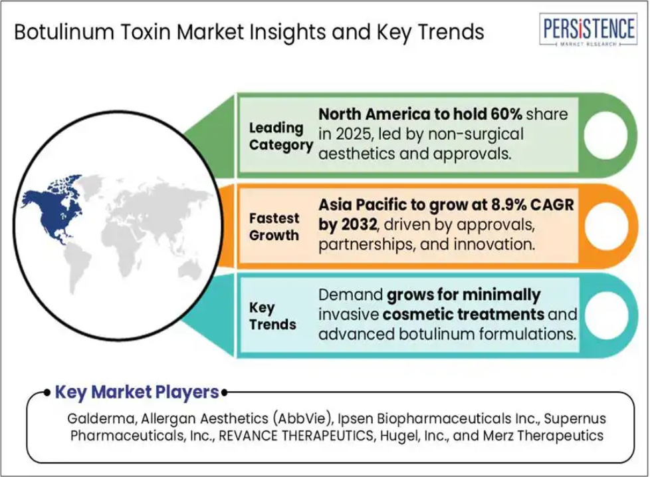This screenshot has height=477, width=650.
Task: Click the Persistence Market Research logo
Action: pyautogui.click(x=588, y=29)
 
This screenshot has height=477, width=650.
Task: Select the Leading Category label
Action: pyautogui.click(x=280, y=136)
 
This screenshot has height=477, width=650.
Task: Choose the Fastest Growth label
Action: pyautogui.click(x=274, y=226)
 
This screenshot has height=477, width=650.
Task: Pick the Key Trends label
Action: pyautogui.click(x=272, y=315)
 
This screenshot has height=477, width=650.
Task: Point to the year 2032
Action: pyautogui.click(x=359, y=224)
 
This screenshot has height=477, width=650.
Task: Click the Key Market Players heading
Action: pyautogui.click(x=137, y=392)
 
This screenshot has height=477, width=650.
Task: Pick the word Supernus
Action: pyautogui.click(x=575, y=419)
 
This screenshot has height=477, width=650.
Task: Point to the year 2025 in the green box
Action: pyautogui.click(x=354, y=134)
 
